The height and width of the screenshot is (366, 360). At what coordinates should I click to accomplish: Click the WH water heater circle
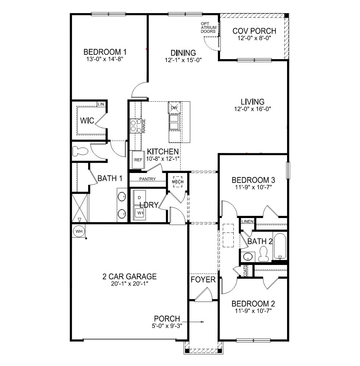click(x=79, y=231)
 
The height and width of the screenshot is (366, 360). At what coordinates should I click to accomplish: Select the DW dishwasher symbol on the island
click(x=174, y=108)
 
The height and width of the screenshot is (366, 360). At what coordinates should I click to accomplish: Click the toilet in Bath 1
click(x=80, y=152)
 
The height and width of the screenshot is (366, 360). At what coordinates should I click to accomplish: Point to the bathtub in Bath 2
click(x=280, y=246)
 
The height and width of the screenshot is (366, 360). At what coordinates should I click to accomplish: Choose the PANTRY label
click(x=147, y=179)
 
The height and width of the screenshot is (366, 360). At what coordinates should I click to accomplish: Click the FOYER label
click(x=203, y=279)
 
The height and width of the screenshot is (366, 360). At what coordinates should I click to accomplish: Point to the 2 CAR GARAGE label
click(x=129, y=277)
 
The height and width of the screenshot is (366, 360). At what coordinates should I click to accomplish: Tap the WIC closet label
click(x=87, y=120)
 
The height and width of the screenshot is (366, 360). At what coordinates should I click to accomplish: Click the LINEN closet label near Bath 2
click(x=247, y=221)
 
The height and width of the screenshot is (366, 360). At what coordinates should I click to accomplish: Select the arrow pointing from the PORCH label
click(x=196, y=322)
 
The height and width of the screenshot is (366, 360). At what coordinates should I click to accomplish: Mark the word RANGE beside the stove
click(x=144, y=126)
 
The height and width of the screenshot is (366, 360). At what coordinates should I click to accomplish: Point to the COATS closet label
click(x=245, y=271)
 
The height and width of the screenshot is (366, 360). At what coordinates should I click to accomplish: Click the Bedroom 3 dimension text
click(x=253, y=187)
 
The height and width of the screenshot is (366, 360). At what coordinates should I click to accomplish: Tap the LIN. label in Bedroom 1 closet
click(x=101, y=104)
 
